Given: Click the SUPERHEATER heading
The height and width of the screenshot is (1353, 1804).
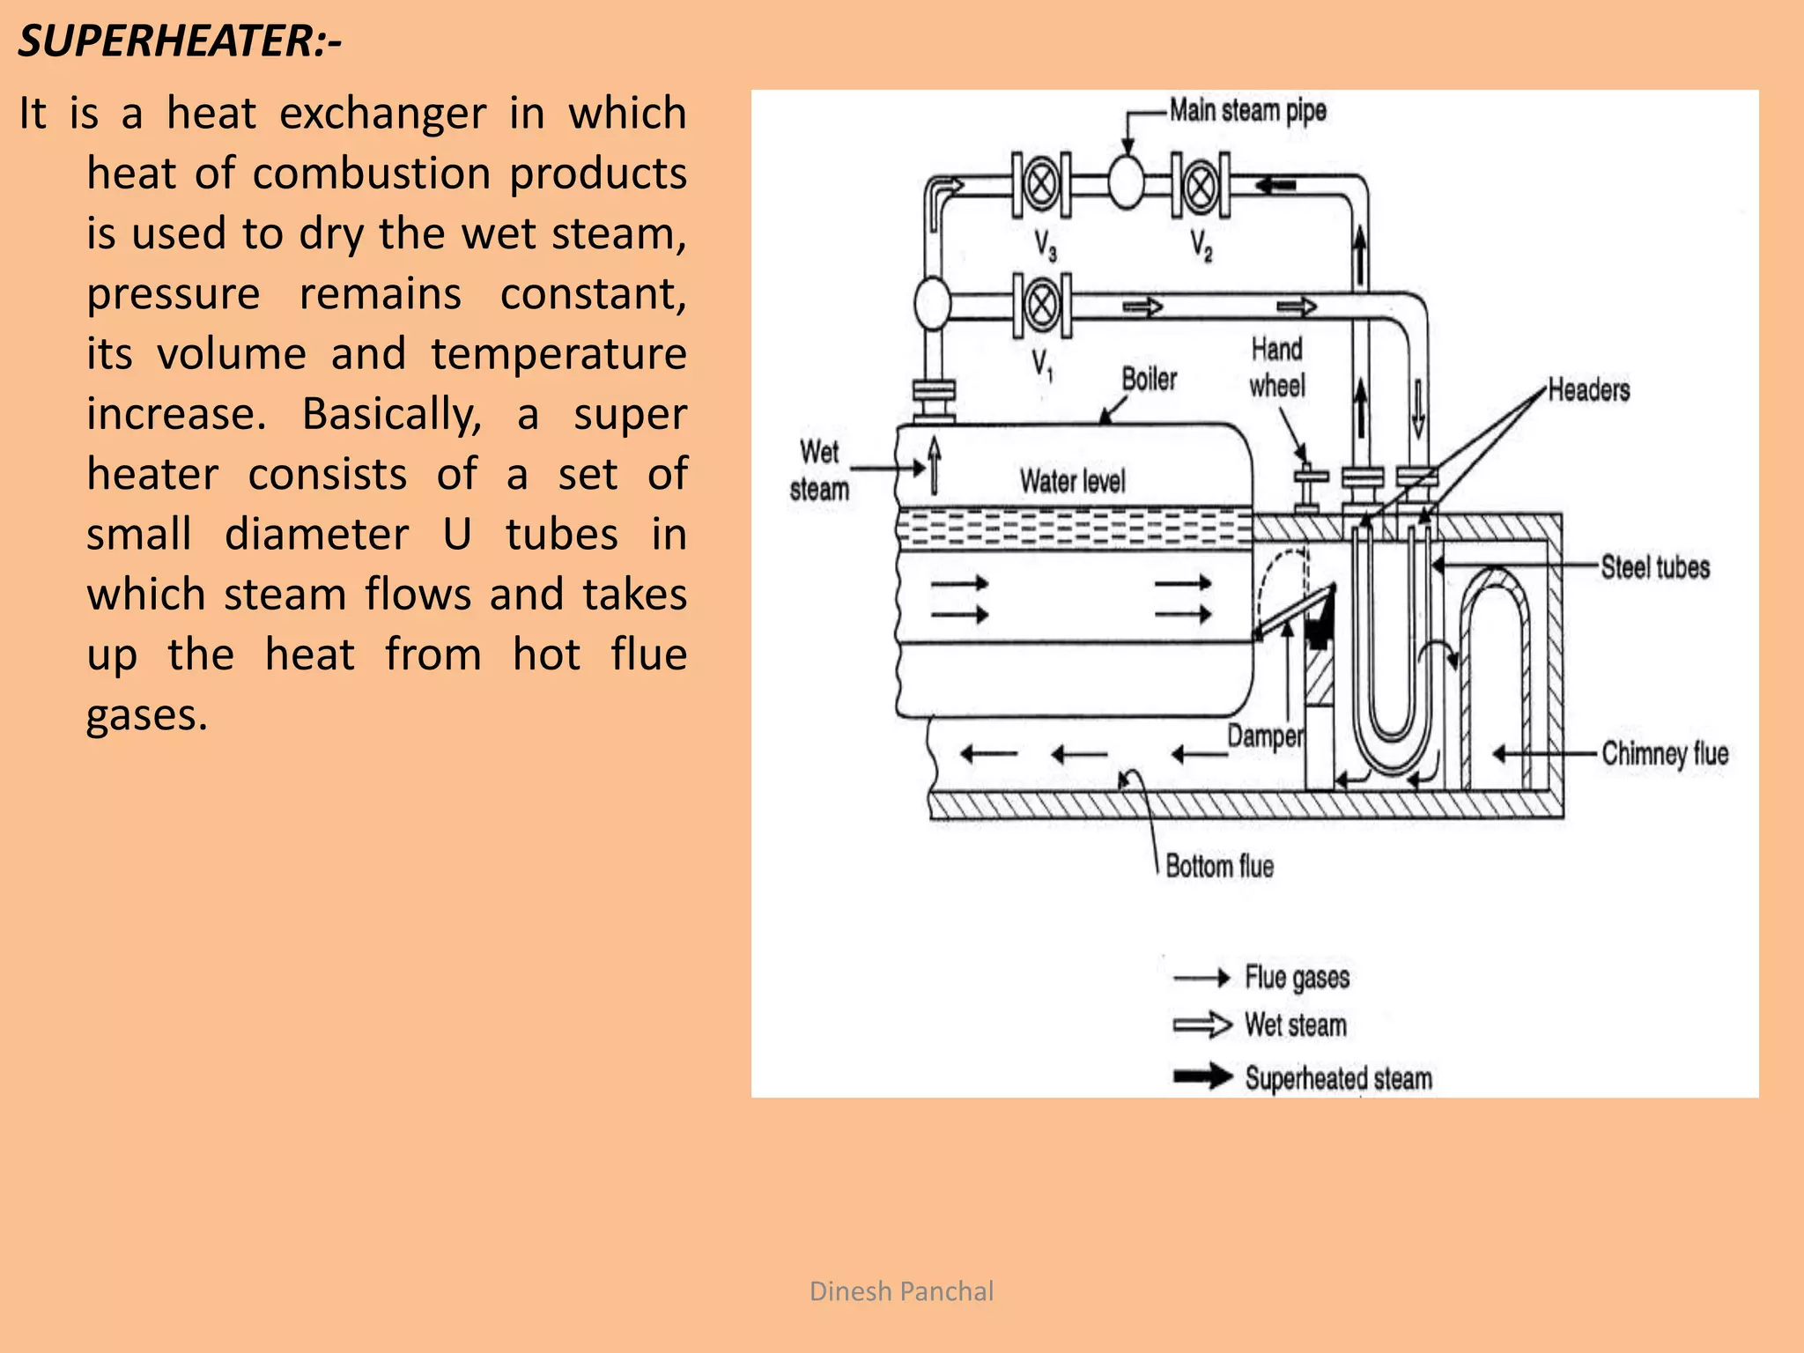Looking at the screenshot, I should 180,41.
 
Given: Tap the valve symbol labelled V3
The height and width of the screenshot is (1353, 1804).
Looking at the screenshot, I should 1041,184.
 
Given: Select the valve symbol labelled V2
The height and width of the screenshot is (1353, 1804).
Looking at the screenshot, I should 1200,185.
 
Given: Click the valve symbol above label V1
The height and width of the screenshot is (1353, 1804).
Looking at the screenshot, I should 1042,305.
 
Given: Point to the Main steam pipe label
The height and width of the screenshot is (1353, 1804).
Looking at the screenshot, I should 1247,111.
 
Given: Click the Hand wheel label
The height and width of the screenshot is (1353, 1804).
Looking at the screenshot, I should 1277,367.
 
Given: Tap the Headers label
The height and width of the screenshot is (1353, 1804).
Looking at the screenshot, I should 1589,390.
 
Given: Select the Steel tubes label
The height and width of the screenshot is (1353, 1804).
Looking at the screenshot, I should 1655,567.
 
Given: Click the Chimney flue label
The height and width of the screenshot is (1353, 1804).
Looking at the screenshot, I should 1665,754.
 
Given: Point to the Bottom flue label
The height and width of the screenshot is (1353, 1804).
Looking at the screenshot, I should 1219,867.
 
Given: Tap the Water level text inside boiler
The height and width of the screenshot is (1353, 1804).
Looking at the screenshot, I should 1072,482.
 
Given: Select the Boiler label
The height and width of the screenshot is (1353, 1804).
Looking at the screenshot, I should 1149,380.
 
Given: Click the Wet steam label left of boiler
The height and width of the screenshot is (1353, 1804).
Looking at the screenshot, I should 819,471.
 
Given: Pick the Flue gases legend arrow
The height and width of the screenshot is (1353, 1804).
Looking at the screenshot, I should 1202,978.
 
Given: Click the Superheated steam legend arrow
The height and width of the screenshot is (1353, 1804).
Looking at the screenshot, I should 1202,1076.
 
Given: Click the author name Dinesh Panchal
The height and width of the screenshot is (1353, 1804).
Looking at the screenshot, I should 901,1291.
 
